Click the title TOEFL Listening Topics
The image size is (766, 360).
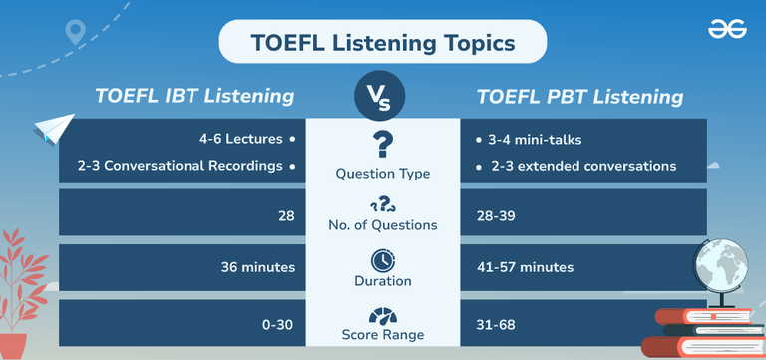(x=383, y=45)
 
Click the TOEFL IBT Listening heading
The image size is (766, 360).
(x=194, y=97)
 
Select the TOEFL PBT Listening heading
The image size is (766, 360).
(x=579, y=97)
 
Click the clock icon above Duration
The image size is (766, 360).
(x=382, y=260)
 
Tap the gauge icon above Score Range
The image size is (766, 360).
(x=382, y=317)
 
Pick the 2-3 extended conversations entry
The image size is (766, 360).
(x=583, y=165)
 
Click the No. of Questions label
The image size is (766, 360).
(x=382, y=225)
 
